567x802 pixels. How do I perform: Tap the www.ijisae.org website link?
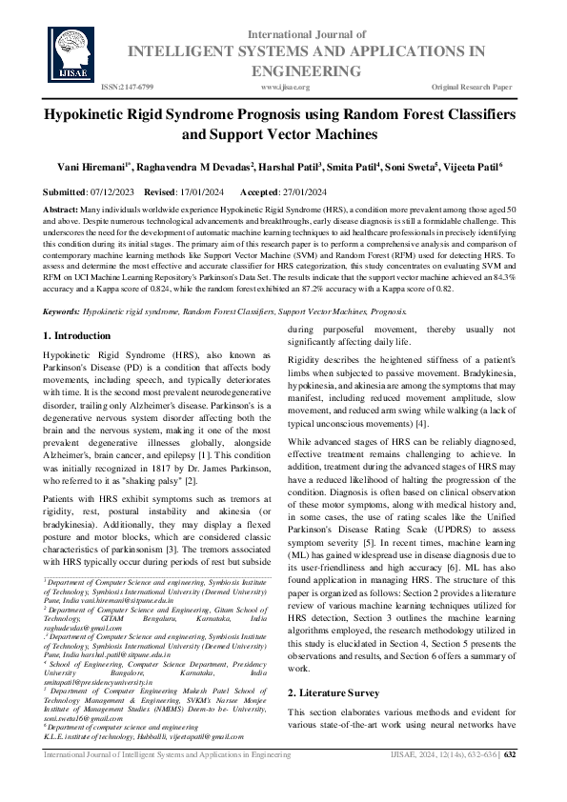point(285,87)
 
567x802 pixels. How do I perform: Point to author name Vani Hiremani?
point(103,166)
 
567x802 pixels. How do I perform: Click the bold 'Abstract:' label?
point(62,209)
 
